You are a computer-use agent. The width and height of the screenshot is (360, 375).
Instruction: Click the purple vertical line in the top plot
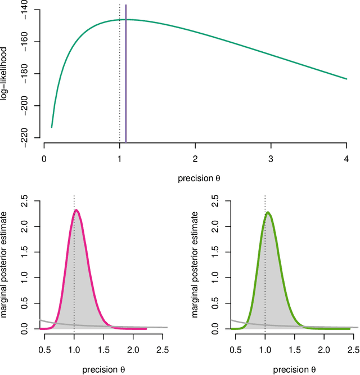pyautogui.click(x=125, y=73)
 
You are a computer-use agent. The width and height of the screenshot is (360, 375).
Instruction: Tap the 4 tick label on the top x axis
pyautogui.click(x=346, y=159)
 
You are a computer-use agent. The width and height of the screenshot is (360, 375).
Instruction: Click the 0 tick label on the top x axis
pyautogui.click(x=44, y=159)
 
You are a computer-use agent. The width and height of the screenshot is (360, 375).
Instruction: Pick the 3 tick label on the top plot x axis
pyautogui.click(x=271, y=159)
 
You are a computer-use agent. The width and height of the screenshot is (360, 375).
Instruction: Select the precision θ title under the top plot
pyautogui.click(x=195, y=178)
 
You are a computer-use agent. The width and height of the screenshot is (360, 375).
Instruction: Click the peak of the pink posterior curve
pyautogui.click(x=76, y=211)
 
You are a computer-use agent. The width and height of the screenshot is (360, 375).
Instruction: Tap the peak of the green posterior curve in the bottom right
pyautogui.click(x=268, y=212)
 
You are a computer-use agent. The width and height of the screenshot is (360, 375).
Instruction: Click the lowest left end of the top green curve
pyautogui.click(x=52, y=127)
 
